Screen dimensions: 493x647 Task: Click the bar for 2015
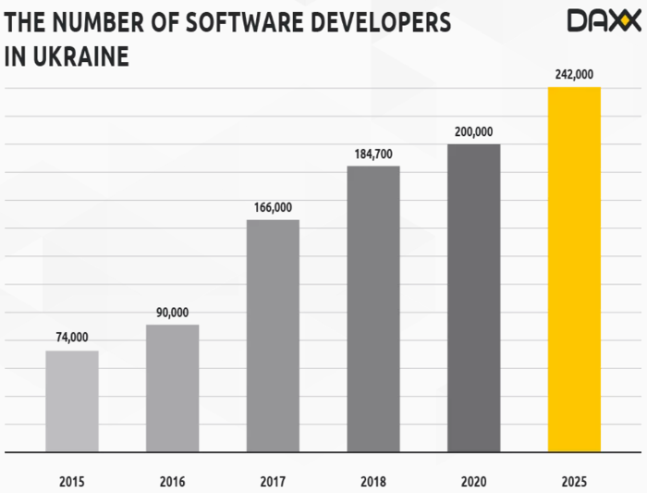pos(72,401)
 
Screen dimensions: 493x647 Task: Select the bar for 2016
pos(172,388)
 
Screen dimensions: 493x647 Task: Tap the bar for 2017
pos(273,336)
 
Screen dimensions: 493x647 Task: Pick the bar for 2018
pos(373,309)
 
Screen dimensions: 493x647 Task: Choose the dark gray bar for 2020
pos(473,298)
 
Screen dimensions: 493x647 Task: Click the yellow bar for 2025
pos(574,269)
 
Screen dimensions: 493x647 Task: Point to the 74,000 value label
pos(71,338)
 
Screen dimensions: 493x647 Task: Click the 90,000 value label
pos(172,312)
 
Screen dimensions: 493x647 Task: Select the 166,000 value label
pos(273,206)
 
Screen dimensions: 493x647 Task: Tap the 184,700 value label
pos(373,154)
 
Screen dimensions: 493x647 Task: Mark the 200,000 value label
pos(473,131)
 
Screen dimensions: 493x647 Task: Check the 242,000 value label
pos(574,74)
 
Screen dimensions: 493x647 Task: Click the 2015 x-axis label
pos(72,481)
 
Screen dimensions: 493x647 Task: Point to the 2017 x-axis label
pos(273,481)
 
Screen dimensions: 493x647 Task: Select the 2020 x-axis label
pos(473,481)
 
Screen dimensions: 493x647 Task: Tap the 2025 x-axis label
pos(574,481)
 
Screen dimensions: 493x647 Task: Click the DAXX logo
pos(603,20)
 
